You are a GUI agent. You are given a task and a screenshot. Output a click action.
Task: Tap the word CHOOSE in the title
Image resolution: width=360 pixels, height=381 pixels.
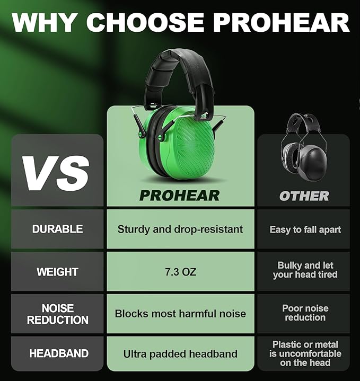(x=144, y=22)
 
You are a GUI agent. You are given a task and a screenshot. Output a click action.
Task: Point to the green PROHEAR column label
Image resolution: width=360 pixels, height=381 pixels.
(x=180, y=195)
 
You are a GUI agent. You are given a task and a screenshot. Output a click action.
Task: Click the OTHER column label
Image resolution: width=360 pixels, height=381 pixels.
(x=304, y=196)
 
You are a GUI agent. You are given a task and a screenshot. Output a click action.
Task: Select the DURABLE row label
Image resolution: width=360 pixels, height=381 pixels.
(x=57, y=229)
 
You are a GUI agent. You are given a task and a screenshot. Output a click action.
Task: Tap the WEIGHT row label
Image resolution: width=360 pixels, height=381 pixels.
(x=57, y=272)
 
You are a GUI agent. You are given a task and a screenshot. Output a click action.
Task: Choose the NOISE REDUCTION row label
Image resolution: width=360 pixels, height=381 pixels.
(x=57, y=314)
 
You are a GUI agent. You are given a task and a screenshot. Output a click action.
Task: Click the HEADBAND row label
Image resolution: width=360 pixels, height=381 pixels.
(x=57, y=353)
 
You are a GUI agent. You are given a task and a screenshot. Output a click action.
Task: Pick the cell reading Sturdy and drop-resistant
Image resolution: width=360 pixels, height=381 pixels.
(x=180, y=229)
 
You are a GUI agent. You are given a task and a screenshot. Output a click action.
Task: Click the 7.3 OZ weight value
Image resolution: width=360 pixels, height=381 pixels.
(x=180, y=272)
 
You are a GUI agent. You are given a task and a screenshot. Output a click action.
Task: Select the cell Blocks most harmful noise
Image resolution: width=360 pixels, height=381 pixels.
(x=180, y=313)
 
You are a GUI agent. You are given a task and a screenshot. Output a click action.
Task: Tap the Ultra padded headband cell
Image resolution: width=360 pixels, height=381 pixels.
(x=180, y=353)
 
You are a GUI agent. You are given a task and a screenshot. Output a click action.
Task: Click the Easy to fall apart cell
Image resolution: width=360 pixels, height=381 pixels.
(x=305, y=229)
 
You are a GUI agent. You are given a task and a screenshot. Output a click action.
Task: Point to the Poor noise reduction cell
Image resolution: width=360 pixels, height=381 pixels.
(x=305, y=313)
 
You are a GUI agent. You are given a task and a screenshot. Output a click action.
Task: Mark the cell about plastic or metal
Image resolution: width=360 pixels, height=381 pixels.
(x=305, y=353)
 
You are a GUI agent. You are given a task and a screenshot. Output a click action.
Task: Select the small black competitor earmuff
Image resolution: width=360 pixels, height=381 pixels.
(x=303, y=151)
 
